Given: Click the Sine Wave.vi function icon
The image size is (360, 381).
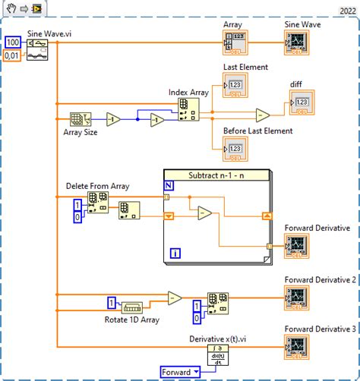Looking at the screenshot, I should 37,50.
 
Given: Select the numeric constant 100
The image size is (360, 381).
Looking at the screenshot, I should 13,42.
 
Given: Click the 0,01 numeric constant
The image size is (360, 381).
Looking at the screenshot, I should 13,56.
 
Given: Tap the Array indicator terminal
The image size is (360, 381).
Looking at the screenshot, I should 235,42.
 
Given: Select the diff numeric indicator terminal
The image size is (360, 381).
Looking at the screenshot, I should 301,103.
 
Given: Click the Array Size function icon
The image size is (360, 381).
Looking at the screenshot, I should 80,119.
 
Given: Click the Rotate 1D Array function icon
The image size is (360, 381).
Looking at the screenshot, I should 131,307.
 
